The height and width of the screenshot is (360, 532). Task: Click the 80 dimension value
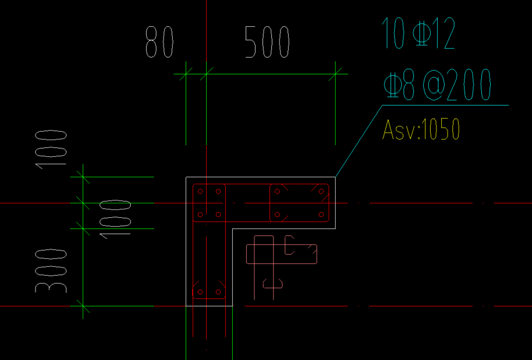click(x=159, y=43)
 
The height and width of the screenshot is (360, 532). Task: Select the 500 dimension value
click(x=267, y=43)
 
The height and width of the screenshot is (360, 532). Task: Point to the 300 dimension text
click(x=51, y=271)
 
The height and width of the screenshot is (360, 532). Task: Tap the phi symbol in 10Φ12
click(x=420, y=34)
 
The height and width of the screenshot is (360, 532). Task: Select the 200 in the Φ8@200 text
click(x=471, y=86)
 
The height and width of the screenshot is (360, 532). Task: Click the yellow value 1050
click(x=441, y=129)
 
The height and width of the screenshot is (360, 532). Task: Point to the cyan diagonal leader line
click(x=359, y=142)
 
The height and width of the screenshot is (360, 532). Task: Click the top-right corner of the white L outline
click(x=335, y=177)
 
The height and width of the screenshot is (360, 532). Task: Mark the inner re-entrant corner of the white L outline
click(x=233, y=228)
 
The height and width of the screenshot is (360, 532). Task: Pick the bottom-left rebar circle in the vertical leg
click(x=200, y=292)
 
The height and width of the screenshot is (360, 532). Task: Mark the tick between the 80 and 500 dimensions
click(x=206, y=74)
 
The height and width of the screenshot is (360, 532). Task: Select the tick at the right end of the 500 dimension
click(x=335, y=74)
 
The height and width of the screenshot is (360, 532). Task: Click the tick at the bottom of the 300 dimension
click(x=83, y=305)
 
